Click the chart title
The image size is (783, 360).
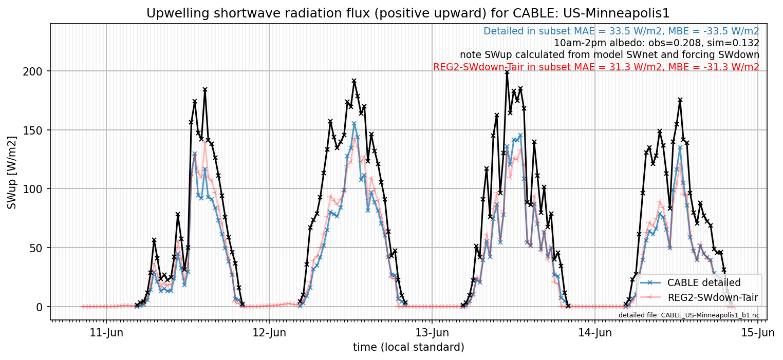pyautogui.click(x=407, y=13)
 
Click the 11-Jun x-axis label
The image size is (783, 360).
pyautogui.click(x=106, y=333)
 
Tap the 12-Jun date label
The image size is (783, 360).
pyautogui.click(x=269, y=333)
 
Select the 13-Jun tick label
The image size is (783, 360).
pyautogui.click(x=432, y=333)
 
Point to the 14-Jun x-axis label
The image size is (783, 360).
pyautogui.click(x=595, y=333)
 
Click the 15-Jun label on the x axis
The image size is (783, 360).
pyautogui.click(x=758, y=333)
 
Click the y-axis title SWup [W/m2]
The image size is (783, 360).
pyautogui.click(x=12, y=173)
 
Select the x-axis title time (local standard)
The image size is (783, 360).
pyautogui.click(x=408, y=347)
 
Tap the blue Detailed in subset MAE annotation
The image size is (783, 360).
pyautogui.click(x=621, y=31)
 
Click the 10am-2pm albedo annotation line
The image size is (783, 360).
pyautogui.click(x=657, y=43)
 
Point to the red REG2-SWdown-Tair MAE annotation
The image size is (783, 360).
pyautogui.click(x=596, y=67)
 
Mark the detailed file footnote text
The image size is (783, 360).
pyautogui.click(x=689, y=315)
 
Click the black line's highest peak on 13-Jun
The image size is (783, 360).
pyautogui.click(x=507, y=72)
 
